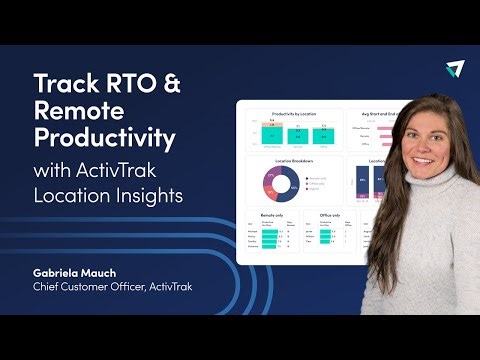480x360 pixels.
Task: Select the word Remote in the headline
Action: [79, 108]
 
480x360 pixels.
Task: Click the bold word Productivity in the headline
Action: [105, 135]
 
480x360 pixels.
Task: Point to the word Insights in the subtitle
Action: [149, 195]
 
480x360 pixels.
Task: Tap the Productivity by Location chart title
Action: [291, 113]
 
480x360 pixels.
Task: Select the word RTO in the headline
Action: [130, 82]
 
